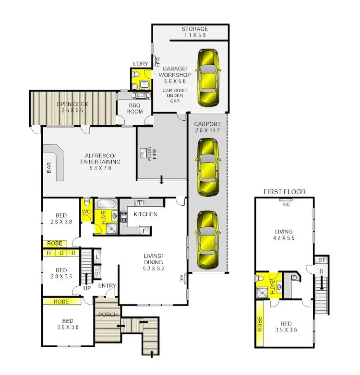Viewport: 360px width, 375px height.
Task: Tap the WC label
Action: coord(87,211)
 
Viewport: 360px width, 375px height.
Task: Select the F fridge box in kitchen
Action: coord(144,230)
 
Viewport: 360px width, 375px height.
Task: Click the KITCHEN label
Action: coord(145,214)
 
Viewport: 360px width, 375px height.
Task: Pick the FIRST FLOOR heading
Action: coord(284,192)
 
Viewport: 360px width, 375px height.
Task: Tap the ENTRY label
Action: coord(107,286)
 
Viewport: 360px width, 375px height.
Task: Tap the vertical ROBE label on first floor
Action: coord(259,326)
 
